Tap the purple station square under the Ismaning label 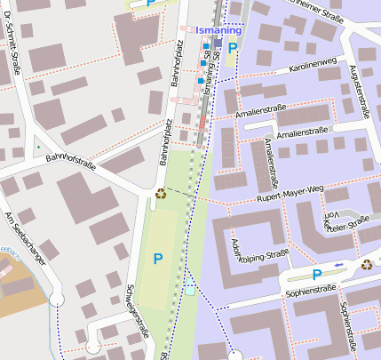click(218, 42)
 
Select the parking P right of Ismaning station click(233, 49)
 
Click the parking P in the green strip click(158, 259)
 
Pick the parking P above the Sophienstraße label click(317, 276)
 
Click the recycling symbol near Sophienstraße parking click(367, 264)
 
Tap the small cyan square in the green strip click(190, 291)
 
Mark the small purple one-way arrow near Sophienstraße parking click(338, 265)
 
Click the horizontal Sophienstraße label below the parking click(307, 291)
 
